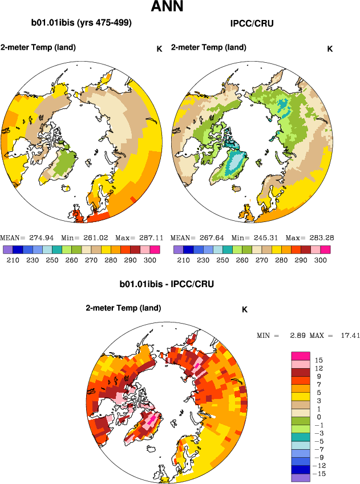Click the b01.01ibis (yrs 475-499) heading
pyautogui.click(x=82, y=23)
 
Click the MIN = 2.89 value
pyautogui.click(x=278, y=335)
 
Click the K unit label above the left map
pyautogui.click(x=159, y=49)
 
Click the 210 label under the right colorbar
pyautogui.click(x=183, y=260)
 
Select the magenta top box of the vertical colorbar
pyautogui.click(x=301, y=355)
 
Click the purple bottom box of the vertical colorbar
pyautogui.click(x=301, y=478)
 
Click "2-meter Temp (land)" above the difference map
pyautogui.click(x=123, y=308)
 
